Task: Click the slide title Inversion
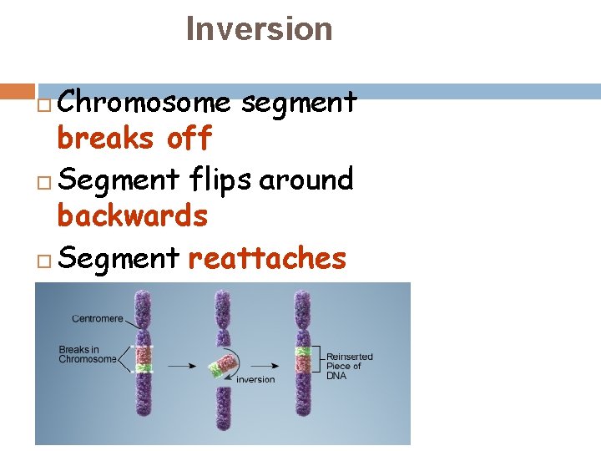tap(259, 29)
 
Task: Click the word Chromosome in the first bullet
tap(144, 103)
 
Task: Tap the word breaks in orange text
tap(105, 138)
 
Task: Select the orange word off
tap(189, 138)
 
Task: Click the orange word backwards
tap(132, 216)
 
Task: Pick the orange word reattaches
tap(267, 258)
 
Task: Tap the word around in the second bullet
tap(306, 179)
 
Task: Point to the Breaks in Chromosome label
tap(87, 354)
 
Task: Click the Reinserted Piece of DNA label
tap(349, 366)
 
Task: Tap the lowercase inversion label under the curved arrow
tap(255, 379)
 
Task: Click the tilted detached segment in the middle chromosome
tap(223, 364)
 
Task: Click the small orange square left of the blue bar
tap(17, 90)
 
